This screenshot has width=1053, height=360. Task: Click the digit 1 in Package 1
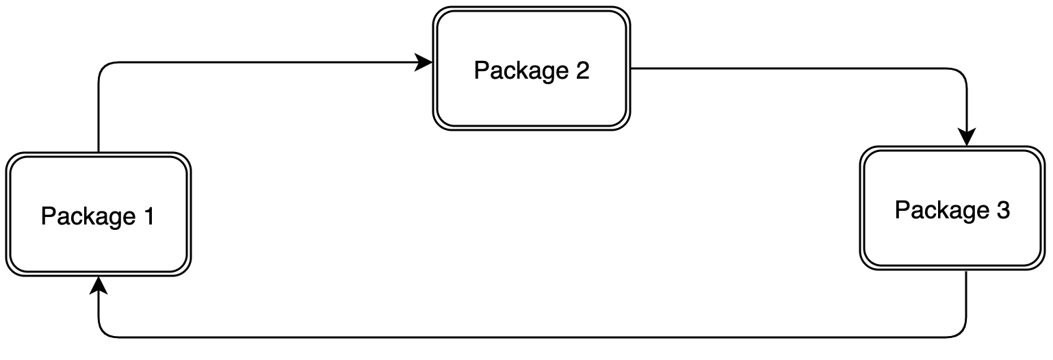[x=148, y=216]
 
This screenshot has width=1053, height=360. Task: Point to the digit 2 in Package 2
[x=582, y=70]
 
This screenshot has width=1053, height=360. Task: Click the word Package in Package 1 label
[x=88, y=216]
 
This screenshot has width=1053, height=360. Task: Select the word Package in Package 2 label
[x=521, y=70]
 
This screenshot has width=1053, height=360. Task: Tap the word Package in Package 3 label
[x=942, y=210]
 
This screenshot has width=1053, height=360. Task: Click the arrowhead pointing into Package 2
[x=425, y=63]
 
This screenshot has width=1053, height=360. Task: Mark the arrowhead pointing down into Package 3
[x=966, y=138]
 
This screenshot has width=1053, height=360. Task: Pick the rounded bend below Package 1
[x=104, y=332]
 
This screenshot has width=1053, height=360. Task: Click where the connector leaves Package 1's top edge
[x=99, y=151]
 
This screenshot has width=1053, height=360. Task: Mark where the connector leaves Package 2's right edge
[x=632, y=68]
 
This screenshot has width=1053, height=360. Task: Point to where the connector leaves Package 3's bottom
[x=966, y=273]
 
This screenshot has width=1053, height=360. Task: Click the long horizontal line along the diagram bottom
[x=534, y=337]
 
